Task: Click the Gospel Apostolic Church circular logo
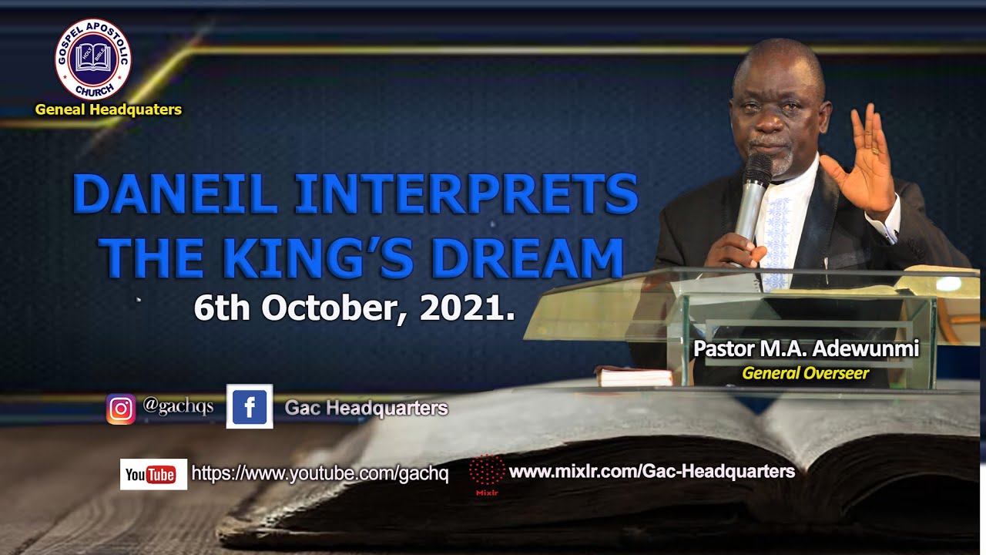click(93, 59)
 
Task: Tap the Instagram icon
click(121, 409)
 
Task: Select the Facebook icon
click(250, 406)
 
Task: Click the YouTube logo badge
click(153, 474)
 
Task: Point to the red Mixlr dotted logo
click(487, 470)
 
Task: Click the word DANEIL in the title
click(175, 195)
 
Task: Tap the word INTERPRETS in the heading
click(467, 195)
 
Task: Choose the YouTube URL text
click(320, 474)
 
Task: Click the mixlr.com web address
click(652, 471)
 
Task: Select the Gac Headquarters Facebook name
click(366, 407)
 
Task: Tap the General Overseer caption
click(805, 374)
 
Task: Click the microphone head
click(757, 169)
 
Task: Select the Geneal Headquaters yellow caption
click(109, 109)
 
